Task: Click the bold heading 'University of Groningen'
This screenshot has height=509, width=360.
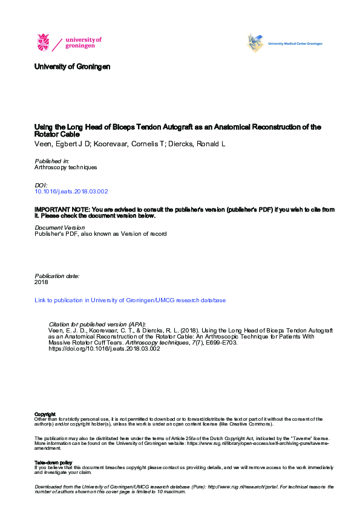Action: coord(72,66)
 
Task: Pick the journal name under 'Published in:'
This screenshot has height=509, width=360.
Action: coord(65,167)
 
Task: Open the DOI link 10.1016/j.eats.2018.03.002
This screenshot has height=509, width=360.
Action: coord(71,192)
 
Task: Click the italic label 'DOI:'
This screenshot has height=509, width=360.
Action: coord(41,186)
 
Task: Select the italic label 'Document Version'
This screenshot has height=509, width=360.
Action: coord(59,228)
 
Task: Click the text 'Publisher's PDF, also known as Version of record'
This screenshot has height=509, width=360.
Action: coord(100,234)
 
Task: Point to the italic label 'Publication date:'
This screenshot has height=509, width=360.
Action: coord(57,276)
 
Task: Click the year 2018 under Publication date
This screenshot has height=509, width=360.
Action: coord(41,282)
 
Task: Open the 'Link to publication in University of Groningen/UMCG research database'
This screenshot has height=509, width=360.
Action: coord(129,300)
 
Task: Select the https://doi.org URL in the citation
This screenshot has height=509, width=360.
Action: coord(103,349)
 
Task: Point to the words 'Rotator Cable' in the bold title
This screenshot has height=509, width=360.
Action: coord(57,134)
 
